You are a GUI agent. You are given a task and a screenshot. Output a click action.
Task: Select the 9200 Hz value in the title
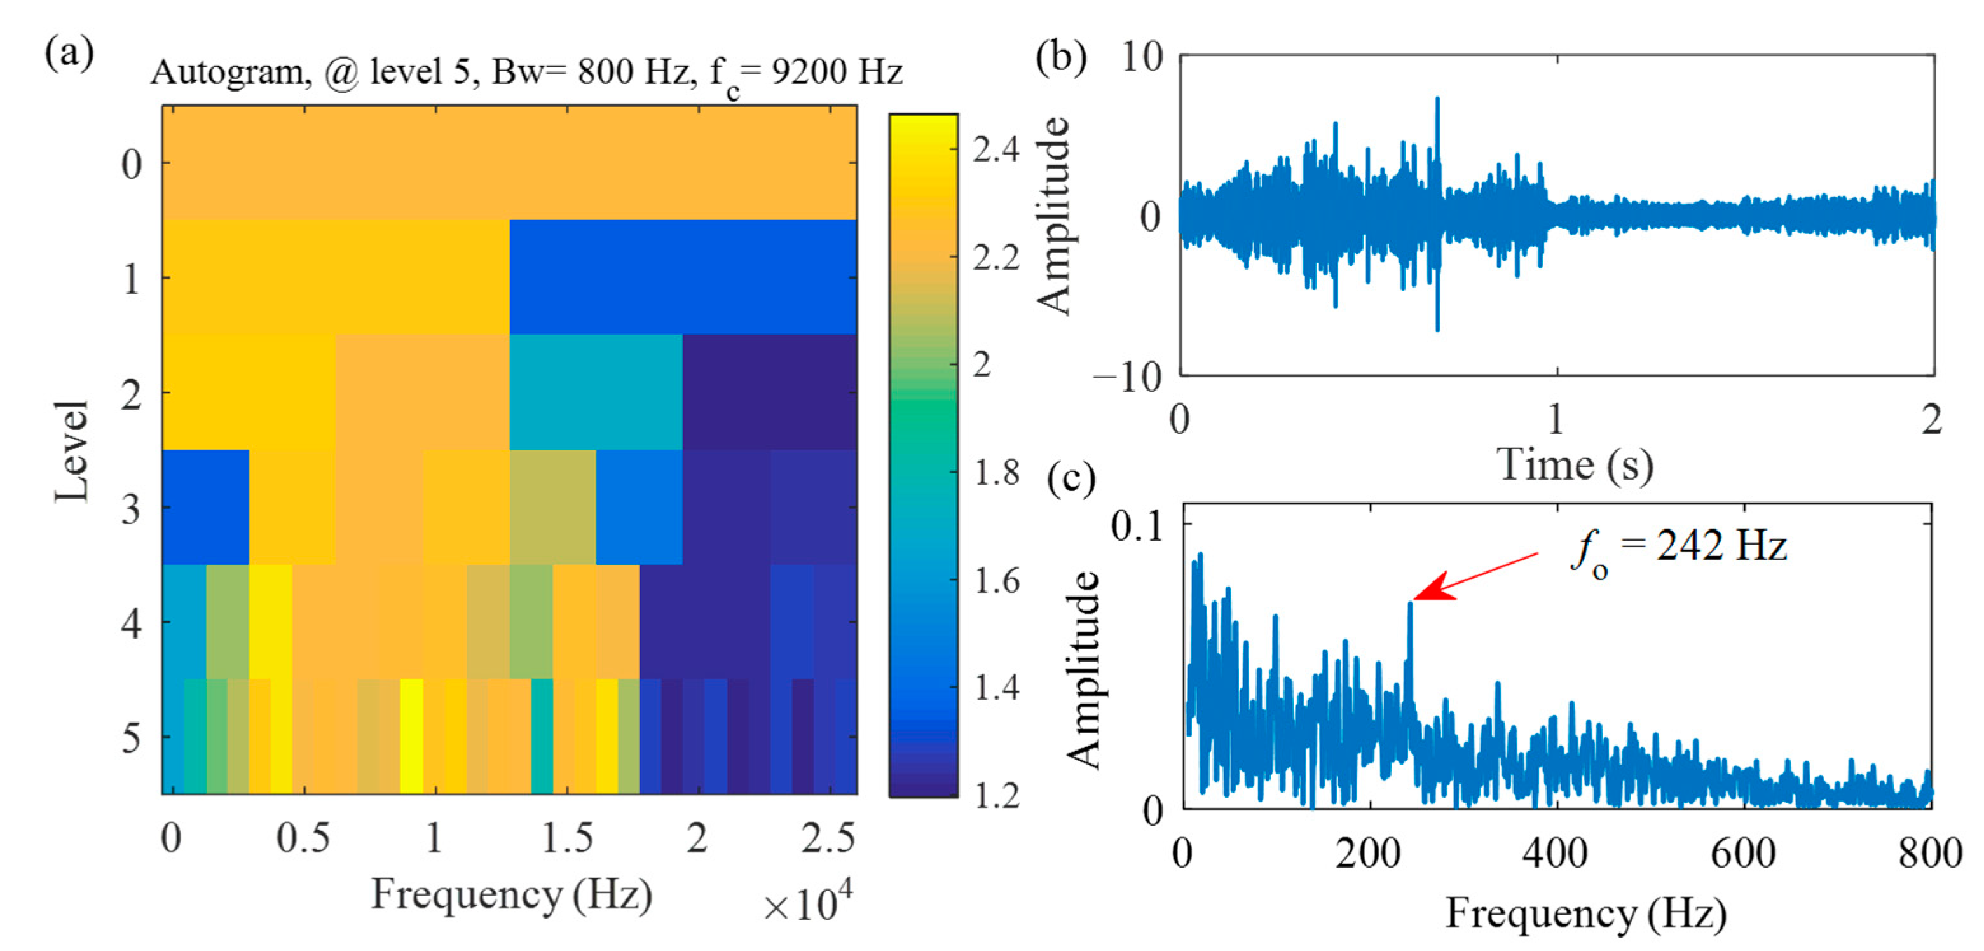point(836,72)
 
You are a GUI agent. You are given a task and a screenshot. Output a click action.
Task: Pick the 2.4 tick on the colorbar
point(994,149)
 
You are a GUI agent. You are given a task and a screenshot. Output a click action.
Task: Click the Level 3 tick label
point(131,509)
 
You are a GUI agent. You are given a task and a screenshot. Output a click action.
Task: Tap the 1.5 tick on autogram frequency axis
point(567,838)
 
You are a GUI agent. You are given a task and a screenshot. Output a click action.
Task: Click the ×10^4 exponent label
point(808,903)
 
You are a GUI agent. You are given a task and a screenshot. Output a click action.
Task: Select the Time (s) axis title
point(1574,465)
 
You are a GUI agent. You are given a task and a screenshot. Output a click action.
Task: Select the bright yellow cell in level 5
point(411,735)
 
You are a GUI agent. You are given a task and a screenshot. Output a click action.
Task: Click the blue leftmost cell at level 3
point(205,506)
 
